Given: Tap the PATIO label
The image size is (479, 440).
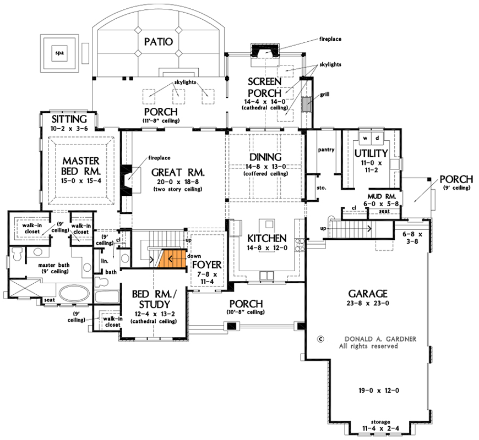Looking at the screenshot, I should (x=159, y=42).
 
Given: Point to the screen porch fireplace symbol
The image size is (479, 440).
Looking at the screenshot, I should (x=265, y=51).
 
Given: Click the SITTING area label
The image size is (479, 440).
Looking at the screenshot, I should (x=69, y=119).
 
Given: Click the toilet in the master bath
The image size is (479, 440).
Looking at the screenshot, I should (x=17, y=254).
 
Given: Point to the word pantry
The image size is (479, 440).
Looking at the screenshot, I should (x=326, y=149).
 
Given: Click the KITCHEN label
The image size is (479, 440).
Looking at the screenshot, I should (x=266, y=238).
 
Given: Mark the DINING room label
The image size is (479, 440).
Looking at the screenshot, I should (x=265, y=157).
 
